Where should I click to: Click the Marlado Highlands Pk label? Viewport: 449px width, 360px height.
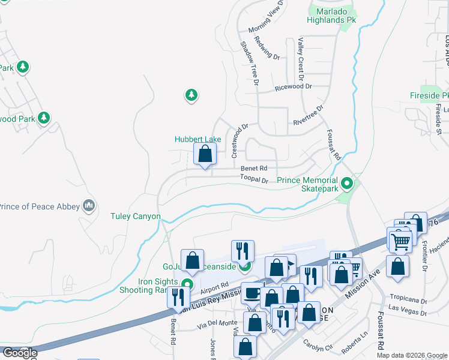point(332,16)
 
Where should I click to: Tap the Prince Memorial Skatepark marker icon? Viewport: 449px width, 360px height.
point(346,183)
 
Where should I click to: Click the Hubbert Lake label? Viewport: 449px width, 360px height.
point(198,139)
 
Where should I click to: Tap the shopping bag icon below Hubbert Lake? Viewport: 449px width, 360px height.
point(205,154)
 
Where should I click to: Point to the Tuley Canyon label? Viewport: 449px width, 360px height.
point(136,216)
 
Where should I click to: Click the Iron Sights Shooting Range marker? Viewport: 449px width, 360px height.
point(187,284)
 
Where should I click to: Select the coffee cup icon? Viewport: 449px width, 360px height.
point(252,293)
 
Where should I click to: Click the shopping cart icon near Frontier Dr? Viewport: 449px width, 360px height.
point(401,241)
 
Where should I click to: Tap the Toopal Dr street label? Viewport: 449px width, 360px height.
point(254,179)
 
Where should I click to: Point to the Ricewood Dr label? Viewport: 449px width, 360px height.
point(294,86)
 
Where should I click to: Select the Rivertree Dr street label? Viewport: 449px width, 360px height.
point(308,116)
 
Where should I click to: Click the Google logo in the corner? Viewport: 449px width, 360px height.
point(19,353)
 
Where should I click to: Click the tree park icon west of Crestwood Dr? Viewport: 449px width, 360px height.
point(191,95)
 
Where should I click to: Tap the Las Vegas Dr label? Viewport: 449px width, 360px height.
point(411,308)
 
